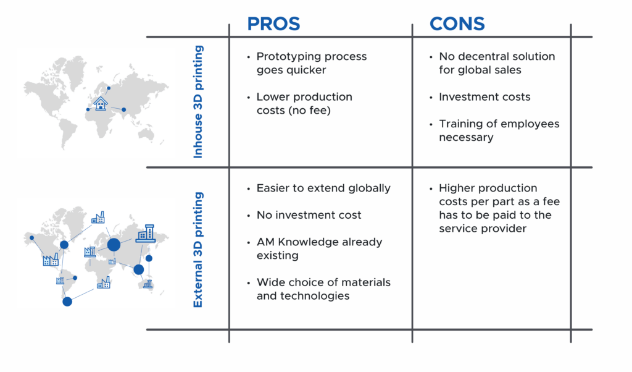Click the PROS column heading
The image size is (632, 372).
273,24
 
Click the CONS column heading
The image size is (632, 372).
457,24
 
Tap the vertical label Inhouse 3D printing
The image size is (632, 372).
198,102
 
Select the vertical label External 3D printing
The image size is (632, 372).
198,250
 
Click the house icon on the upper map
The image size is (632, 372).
101,103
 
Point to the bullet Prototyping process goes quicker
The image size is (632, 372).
312,63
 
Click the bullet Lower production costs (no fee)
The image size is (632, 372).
304,103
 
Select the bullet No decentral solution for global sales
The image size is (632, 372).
497,63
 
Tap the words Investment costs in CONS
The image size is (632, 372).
484,97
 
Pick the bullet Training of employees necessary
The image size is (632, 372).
499,130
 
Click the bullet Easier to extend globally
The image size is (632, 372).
323,188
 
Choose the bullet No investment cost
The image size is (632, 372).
309,215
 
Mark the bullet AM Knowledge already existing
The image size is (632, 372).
319,248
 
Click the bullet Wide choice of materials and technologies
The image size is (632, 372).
323,289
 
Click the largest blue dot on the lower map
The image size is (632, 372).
114,245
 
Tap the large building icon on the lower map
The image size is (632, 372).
146,234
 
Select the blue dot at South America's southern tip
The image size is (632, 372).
67,302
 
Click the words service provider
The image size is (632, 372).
483,229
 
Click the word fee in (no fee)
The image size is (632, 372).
319,110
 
